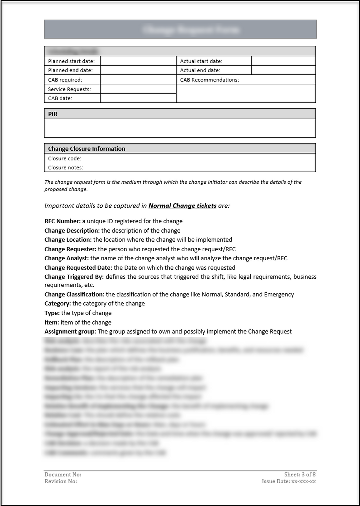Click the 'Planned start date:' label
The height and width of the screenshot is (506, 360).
[71, 61]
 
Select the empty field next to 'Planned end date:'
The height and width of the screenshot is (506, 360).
[138, 70]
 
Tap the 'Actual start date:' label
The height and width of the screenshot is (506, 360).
[201, 61]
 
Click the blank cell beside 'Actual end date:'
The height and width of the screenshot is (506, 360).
[283, 70]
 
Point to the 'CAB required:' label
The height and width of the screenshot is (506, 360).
[65, 80]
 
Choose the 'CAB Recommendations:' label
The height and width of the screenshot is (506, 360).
[210, 80]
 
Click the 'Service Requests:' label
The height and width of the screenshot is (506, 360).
[70, 89]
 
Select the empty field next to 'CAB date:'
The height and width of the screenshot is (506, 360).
[138, 98]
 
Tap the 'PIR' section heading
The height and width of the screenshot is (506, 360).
[53, 114]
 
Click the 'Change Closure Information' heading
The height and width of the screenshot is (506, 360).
[87, 149]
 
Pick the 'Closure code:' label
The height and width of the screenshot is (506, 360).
[65, 159]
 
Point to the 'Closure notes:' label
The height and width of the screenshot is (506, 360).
[66, 168]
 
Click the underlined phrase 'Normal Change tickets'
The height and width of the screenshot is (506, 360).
[183, 206]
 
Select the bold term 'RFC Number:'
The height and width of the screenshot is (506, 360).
[62, 221]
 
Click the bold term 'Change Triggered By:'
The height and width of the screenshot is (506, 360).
[74, 277]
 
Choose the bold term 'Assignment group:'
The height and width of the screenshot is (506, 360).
[70, 331]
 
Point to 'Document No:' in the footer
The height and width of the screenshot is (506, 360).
[63, 474]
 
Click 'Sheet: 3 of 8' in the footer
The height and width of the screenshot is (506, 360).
[300, 474]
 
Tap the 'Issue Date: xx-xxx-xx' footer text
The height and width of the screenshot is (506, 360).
[289, 481]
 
